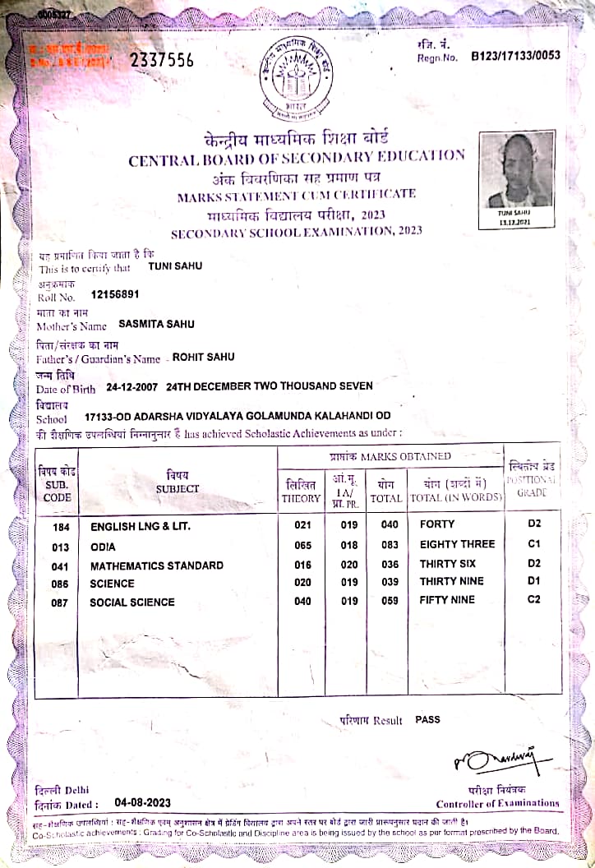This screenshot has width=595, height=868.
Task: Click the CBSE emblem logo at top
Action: coord(297,78)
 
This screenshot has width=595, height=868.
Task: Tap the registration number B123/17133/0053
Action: coord(515,56)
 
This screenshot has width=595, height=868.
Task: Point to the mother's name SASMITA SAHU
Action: coord(157,325)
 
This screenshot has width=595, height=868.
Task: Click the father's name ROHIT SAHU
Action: coord(203,357)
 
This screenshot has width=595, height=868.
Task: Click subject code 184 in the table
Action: coord(60,524)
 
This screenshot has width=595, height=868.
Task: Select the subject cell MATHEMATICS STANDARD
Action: coord(156,566)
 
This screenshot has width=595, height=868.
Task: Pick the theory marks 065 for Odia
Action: coord(302,544)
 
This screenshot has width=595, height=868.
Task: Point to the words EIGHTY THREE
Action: coord(457,544)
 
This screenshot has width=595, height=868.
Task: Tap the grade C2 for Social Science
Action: coord(533,600)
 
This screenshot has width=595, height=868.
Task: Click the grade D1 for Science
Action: coord(533,581)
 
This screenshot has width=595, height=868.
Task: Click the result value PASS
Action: coord(427,719)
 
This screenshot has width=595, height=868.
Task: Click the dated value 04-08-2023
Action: coord(143,802)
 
